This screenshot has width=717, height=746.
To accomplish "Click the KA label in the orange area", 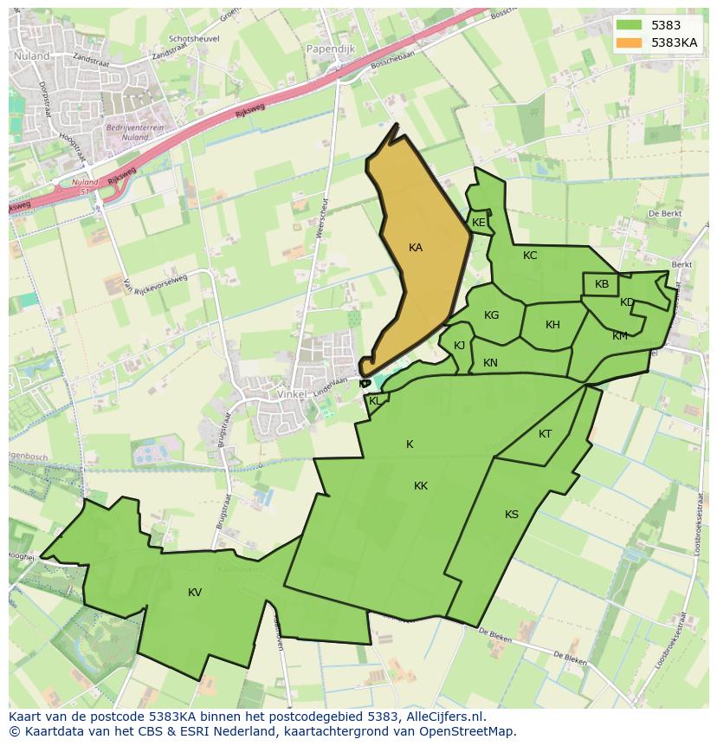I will click(x=416, y=248).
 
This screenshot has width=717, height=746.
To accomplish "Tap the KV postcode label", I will click(x=195, y=593).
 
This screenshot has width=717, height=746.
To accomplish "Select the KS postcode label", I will click(x=512, y=515).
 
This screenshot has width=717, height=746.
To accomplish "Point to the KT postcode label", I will click(x=545, y=434).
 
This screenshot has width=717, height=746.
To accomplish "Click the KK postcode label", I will click(x=421, y=486).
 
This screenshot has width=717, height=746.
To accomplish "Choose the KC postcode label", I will click(x=530, y=256).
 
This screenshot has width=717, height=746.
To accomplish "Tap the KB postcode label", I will click(x=602, y=284).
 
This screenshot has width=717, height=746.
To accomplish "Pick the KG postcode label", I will click(x=492, y=315).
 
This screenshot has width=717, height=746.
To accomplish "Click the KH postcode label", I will click(x=552, y=325).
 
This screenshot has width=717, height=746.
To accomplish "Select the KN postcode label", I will click(x=490, y=363).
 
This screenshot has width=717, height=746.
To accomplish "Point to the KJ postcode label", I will click(x=460, y=346).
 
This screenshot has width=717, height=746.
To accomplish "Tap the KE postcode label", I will click(x=479, y=223).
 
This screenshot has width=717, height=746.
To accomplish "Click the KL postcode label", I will click(x=375, y=401).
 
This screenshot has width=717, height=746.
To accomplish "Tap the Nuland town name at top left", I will click(x=32, y=55).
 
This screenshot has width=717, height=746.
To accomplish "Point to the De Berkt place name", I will click(x=665, y=213).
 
